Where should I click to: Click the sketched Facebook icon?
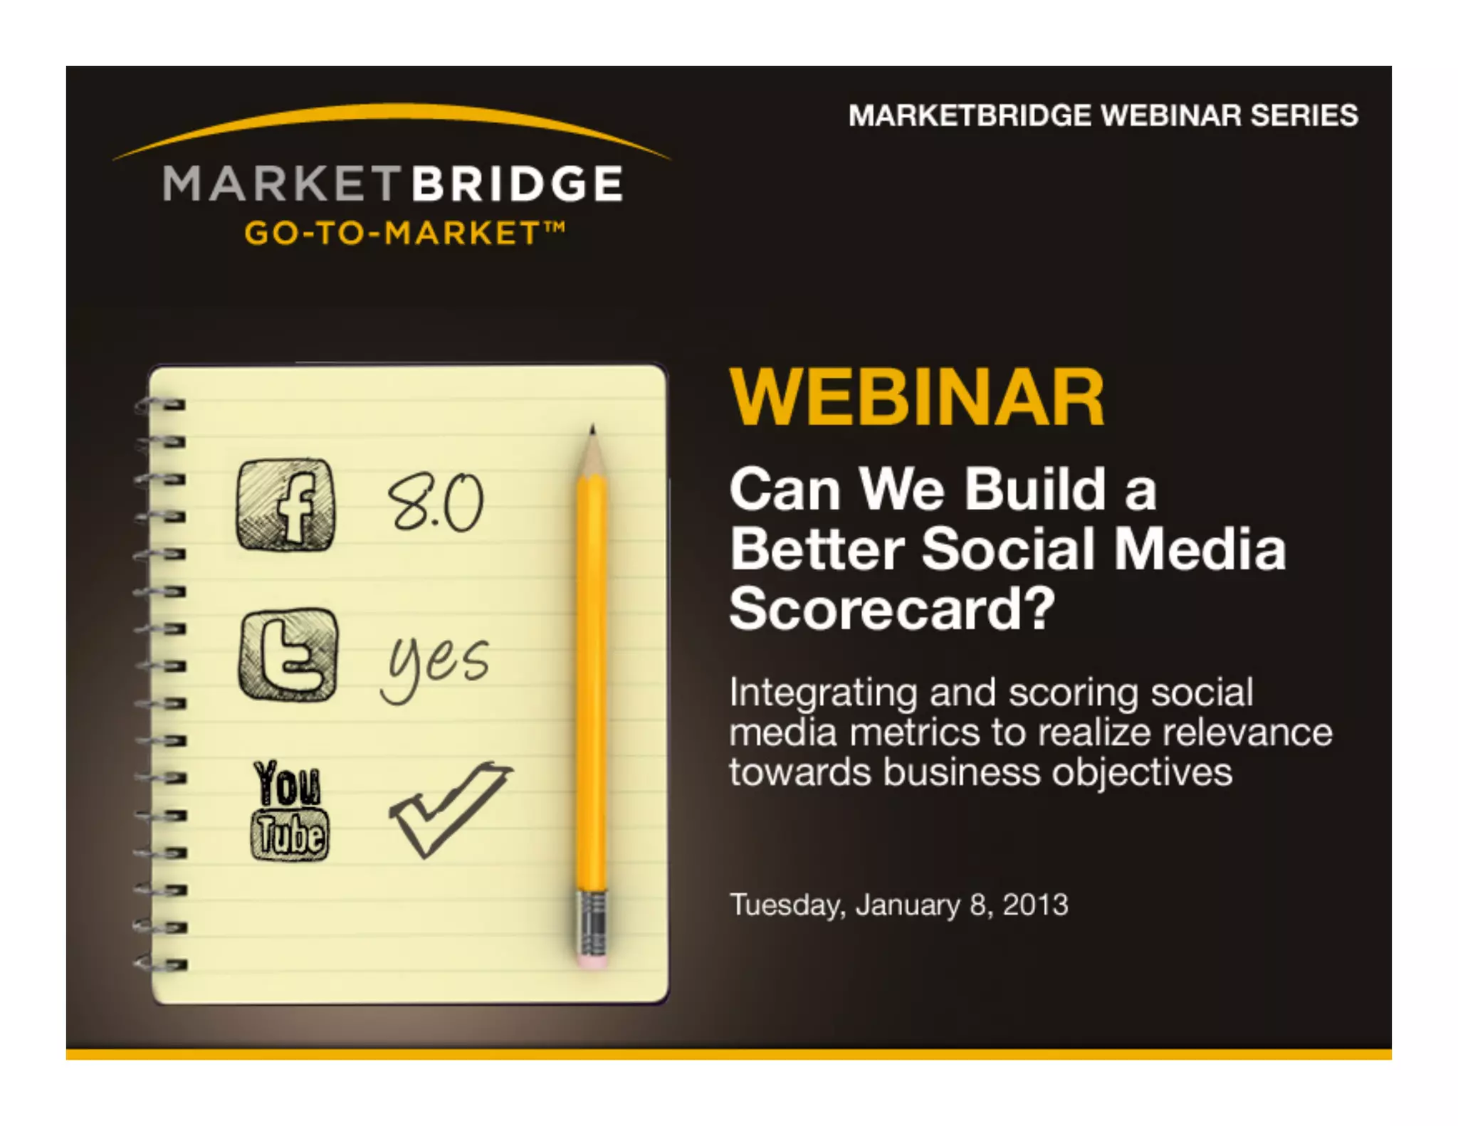point(285,505)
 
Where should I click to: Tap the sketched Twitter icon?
point(288,655)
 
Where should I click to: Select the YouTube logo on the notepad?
point(289,811)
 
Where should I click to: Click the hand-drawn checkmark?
point(449,809)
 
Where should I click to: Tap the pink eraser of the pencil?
point(593,960)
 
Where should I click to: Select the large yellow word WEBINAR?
point(917,399)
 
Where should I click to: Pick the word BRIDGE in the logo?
point(517,184)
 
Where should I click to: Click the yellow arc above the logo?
point(392,114)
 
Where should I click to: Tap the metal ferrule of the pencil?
point(592,922)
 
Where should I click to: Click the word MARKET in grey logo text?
point(283,184)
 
